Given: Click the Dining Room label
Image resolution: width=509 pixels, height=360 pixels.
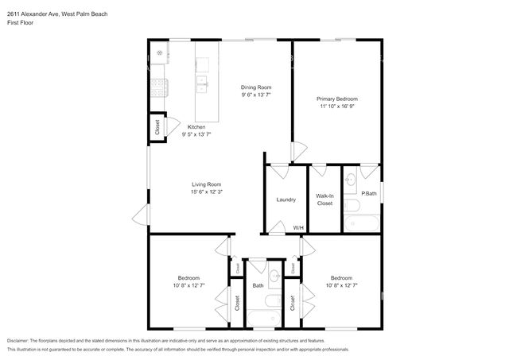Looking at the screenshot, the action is point(256,87).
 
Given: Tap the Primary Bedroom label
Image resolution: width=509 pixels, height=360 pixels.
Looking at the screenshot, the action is point(337,99).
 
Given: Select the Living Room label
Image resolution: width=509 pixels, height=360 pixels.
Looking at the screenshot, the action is point(207,184).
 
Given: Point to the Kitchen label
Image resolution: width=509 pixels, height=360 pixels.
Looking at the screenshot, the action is point(196,127).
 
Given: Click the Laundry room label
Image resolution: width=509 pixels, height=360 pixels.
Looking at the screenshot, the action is point(286,199).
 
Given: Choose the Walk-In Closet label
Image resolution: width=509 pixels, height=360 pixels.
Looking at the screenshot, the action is point(324,199).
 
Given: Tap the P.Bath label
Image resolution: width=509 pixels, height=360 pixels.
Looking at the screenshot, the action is point(369,194).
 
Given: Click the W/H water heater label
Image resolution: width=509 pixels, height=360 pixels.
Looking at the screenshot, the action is point(298,228).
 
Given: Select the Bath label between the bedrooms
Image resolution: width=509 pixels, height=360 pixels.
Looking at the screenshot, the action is point(258,286).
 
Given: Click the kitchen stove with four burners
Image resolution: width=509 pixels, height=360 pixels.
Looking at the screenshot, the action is point(159,88).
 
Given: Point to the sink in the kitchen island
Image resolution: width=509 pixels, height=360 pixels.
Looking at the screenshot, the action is point(202,84).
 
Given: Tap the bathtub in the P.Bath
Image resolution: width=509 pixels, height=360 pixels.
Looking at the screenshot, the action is point(362,223).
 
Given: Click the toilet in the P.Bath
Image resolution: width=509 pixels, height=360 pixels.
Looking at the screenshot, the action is point(352,206).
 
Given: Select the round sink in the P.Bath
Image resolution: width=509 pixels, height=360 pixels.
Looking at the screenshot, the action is point(350,180).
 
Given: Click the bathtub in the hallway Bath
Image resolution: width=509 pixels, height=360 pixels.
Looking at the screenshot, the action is point(264,318).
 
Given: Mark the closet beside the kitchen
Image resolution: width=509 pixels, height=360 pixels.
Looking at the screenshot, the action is point(157,127).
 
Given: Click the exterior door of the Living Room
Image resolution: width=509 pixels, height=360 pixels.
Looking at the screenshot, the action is point(141,215).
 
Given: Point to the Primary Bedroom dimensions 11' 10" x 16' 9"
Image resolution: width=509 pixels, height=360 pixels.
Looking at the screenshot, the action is point(337,106).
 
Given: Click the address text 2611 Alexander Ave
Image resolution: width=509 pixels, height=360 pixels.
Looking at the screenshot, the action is point(33,14).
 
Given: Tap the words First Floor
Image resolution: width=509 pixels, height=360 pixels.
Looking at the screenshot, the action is point(20,23).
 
